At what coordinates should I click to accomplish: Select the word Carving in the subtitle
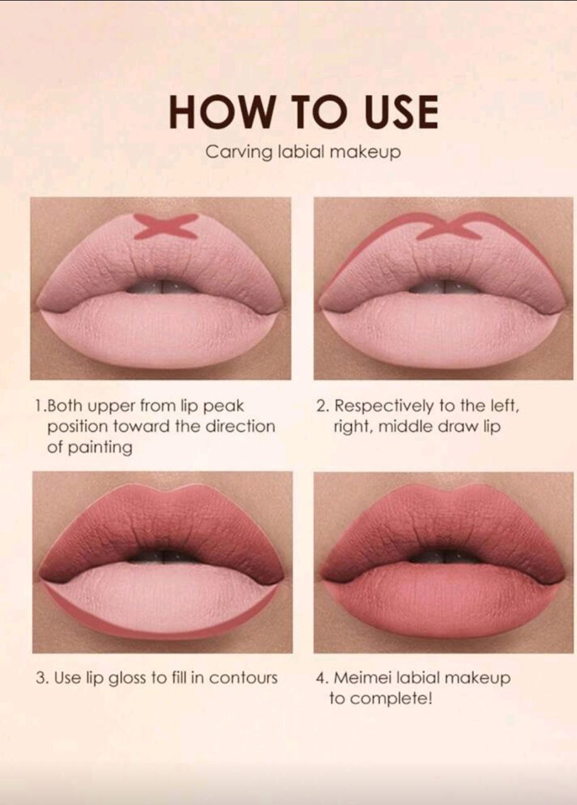[x=239, y=152]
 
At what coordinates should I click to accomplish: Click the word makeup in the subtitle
[x=365, y=152]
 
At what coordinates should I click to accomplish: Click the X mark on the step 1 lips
[x=166, y=226]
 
